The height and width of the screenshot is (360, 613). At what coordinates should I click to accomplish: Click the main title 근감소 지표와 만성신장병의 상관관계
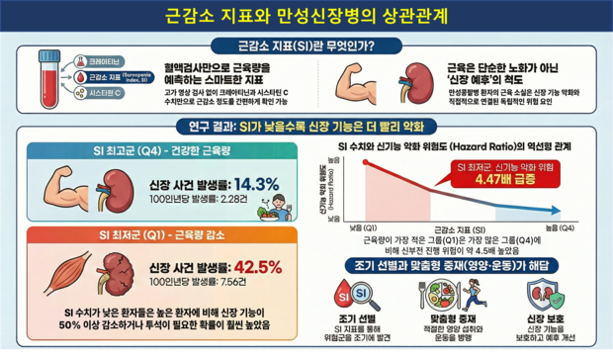(306, 17)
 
